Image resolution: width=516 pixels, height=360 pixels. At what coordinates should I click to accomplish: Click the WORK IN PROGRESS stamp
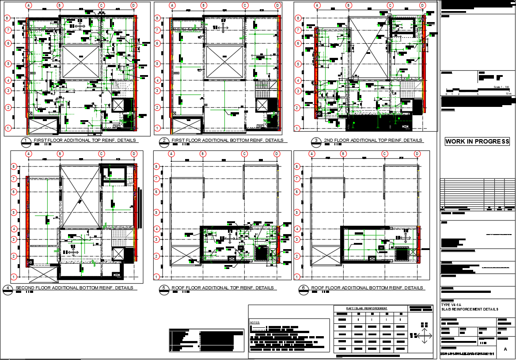(477, 142)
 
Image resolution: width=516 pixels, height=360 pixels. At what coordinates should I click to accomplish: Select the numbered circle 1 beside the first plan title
(26, 141)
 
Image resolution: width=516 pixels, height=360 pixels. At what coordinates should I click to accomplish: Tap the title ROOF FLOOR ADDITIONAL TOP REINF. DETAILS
(223, 288)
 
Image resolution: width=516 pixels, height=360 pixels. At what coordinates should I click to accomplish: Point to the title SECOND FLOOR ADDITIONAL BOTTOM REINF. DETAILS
(74, 288)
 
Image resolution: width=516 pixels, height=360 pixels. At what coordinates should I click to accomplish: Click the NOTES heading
(255, 322)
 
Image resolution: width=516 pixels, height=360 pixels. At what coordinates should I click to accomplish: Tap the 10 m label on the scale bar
(508, 94)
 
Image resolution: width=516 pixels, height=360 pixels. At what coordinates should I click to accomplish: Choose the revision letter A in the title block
(505, 349)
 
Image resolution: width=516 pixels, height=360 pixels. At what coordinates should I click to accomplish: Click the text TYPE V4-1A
(451, 305)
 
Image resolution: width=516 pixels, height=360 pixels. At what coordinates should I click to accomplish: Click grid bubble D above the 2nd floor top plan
(422, 5)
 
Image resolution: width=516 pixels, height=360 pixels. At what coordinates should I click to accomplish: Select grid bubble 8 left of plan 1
(8, 18)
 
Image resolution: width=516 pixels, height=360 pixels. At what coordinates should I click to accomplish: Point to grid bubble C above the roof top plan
(244, 154)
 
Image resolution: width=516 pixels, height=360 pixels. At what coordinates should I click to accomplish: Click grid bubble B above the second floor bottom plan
(60, 154)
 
